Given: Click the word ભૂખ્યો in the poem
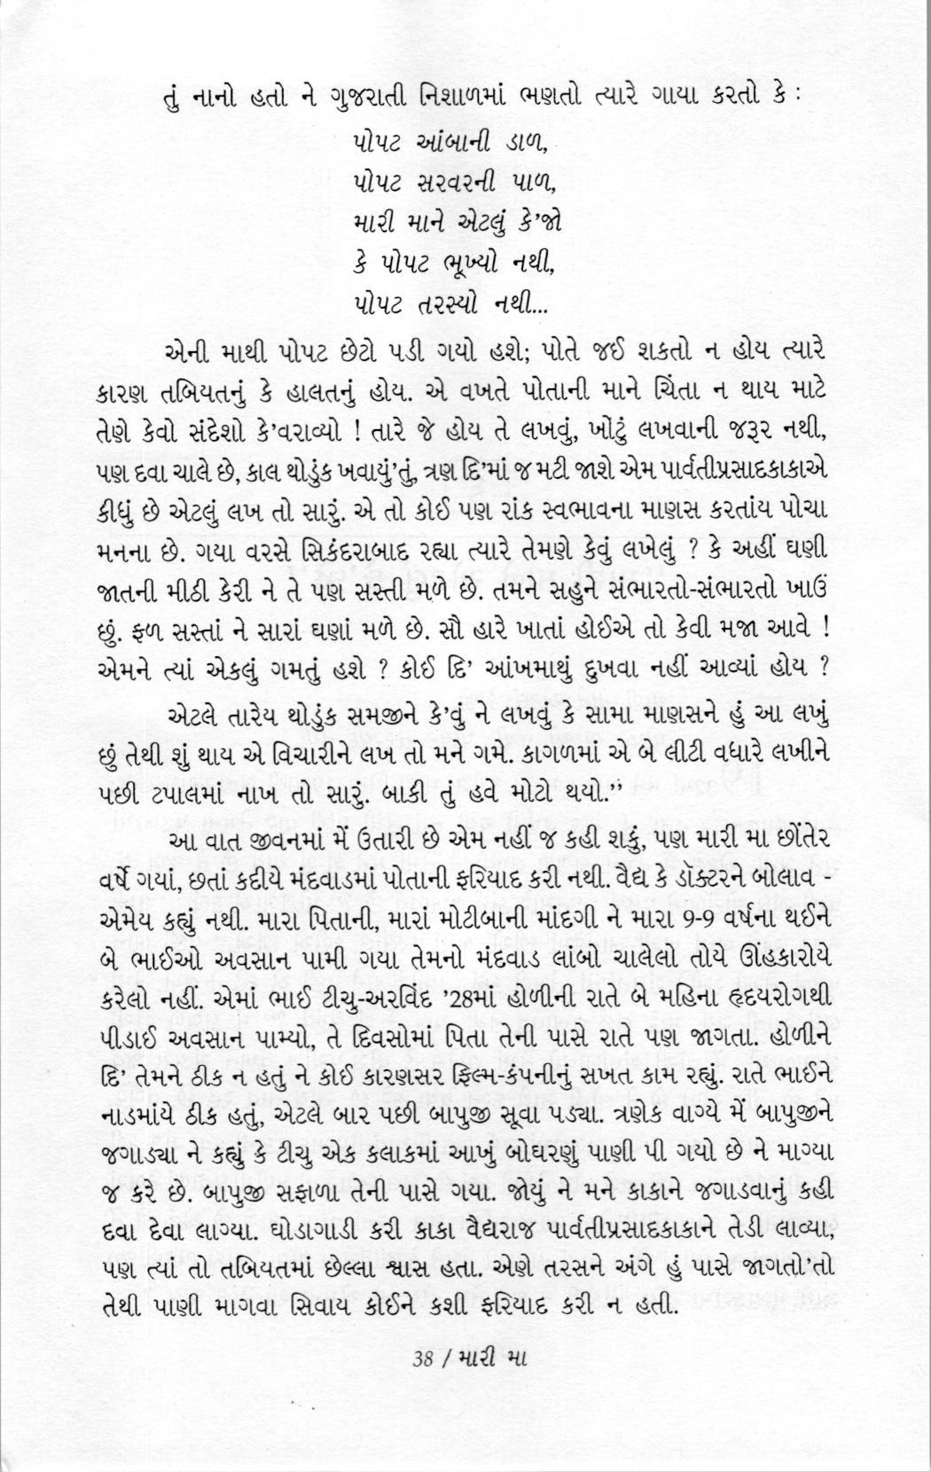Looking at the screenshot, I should [x=472, y=264].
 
